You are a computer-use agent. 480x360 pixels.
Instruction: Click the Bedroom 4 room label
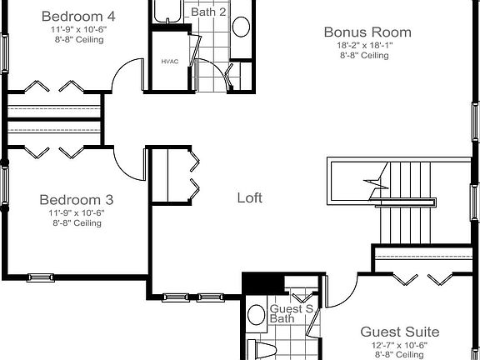pyautogui.click(x=78, y=16)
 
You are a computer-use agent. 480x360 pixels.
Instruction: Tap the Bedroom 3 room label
pyautogui.click(x=77, y=200)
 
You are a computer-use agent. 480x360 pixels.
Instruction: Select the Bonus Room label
pyautogui.click(x=367, y=32)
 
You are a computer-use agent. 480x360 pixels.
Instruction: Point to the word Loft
pyautogui.click(x=250, y=197)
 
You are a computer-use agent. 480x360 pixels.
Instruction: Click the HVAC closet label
pyautogui.click(x=170, y=62)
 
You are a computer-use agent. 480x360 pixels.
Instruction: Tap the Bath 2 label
pyautogui.click(x=208, y=12)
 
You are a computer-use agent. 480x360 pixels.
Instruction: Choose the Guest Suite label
pyautogui.click(x=400, y=332)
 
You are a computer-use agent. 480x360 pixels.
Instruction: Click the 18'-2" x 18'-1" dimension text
pyautogui.click(x=365, y=45)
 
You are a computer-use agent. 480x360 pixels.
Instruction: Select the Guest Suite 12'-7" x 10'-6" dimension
pyautogui.click(x=399, y=345)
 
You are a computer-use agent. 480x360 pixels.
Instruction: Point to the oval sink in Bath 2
pyautogui.click(x=241, y=27)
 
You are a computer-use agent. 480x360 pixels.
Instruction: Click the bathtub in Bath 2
pyautogui.click(x=167, y=11)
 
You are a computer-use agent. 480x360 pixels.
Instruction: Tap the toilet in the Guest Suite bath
pyautogui.click(x=262, y=350)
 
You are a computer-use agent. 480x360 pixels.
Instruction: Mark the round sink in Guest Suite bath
pyautogui.click(x=256, y=314)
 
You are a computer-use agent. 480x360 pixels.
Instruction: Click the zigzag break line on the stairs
pyautogui.click(x=376, y=185)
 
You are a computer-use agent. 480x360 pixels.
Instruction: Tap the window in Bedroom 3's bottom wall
pyautogui.click(x=40, y=277)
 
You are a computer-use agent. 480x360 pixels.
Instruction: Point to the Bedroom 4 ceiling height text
pyautogui.click(x=79, y=39)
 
